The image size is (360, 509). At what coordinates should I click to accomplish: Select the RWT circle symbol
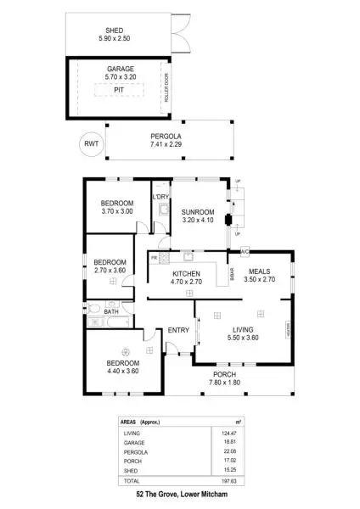coord(90,144)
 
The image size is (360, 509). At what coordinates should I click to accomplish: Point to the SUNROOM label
coord(197,211)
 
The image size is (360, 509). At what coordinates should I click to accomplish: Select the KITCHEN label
coord(186,274)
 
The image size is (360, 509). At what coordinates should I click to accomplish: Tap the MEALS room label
coord(260,269)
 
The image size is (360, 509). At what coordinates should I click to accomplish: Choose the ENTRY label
coord(178,330)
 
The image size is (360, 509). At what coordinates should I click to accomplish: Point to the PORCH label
coord(225,373)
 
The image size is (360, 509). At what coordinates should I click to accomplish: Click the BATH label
coord(111,311)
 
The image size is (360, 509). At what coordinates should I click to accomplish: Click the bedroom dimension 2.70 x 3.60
coord(110,270)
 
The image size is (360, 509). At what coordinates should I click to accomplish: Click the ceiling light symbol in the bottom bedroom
coord(125,350)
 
